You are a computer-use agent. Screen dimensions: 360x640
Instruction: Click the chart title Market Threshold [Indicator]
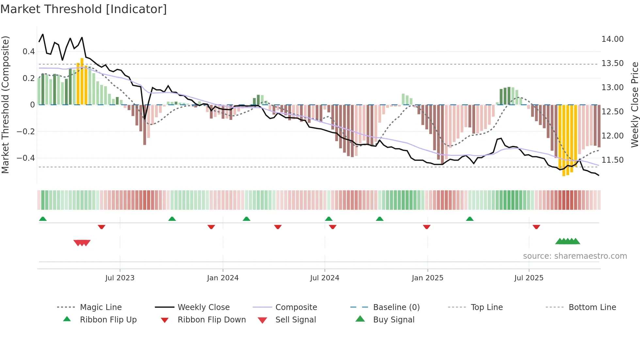coord(84,9)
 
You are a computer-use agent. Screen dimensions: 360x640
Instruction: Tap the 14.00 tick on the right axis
coord(612,39)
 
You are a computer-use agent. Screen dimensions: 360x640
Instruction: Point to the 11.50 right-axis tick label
coord(612,160)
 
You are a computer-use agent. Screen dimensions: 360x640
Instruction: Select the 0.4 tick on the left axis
coord(29,52)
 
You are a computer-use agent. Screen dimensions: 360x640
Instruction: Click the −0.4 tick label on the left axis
coord(26,158)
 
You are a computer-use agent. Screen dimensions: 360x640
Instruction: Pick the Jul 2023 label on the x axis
coord(120,278)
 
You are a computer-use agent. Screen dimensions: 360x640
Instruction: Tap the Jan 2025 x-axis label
coord(427,278)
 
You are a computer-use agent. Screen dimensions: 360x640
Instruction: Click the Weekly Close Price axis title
coord(634,105)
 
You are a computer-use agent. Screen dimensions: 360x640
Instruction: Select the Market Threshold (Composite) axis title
coord(5,105)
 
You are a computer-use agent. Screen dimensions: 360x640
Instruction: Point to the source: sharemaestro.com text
coord(575,256)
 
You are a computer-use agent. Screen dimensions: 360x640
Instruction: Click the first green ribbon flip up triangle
coord(43,219)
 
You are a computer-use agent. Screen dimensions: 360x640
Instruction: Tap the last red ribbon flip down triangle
coord(536,227)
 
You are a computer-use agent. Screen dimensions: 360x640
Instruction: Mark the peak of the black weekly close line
coord(43,34)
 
